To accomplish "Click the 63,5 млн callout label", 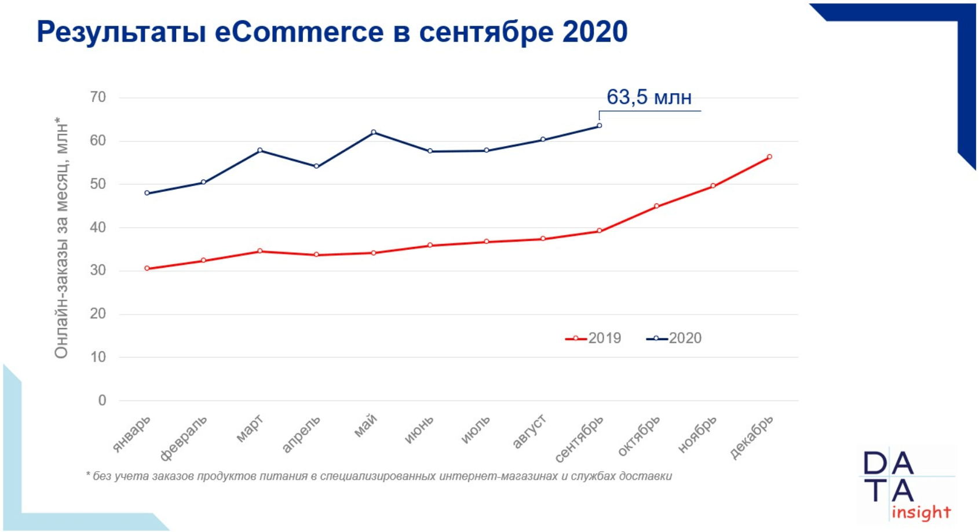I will point(649,97).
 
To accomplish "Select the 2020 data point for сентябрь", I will point(599,126).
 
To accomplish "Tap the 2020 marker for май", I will point(374,133).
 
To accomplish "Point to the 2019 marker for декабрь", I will point(769,157).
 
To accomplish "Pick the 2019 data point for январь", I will point(147,269).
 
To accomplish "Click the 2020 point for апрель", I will point(317,166).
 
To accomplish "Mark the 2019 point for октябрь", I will point(656,206).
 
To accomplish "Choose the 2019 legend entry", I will point(593,338).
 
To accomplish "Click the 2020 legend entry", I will point(674,338).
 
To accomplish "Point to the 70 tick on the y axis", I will point(98,97).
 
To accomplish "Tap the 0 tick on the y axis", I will point(102,400).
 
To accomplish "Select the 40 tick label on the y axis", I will point(98,228).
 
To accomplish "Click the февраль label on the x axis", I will point(184,438).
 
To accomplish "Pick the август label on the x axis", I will point(529,432).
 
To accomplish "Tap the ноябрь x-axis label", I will point(697,434).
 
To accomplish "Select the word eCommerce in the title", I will point(299,32).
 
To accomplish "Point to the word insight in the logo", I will point(921,513).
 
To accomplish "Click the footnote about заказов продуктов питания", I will point(379,476).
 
